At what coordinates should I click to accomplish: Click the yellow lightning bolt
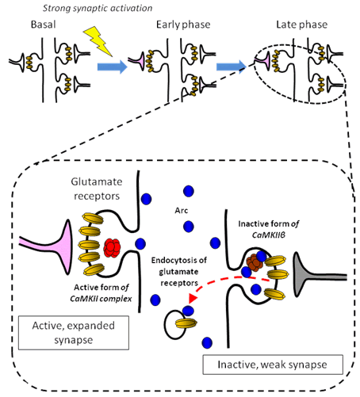(x=98, y=41)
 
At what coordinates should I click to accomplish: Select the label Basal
(x=44, y=25)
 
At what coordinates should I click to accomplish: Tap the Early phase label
(x=183, y=25)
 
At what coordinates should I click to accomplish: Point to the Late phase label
(x=302, y=25)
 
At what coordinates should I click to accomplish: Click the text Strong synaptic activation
(x=98, y=8)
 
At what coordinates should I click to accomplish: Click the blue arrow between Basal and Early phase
(x=113, y=67)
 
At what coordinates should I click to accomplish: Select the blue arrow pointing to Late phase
(x=232, y=67)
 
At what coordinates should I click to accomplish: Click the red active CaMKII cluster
(x=112, y=248)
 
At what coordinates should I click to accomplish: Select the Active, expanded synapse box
(x=74, y=333)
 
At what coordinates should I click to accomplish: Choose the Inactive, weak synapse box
(x=273, y=365)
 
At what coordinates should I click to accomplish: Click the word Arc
(x=182, y=211)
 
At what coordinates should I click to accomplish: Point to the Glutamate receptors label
(x=97, y=189)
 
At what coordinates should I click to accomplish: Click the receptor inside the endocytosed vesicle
(x=186, y=323)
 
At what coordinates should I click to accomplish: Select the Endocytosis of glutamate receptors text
(x=179, y=272)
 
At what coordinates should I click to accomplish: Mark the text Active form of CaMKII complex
(x=101, y=293)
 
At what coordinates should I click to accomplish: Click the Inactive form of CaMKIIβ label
(x=269, y=229)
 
